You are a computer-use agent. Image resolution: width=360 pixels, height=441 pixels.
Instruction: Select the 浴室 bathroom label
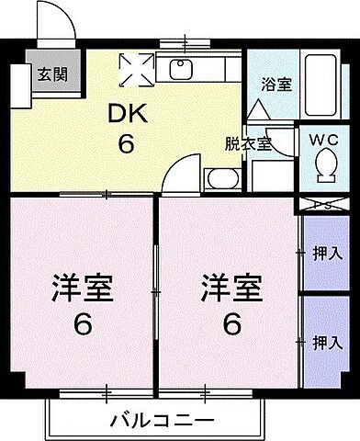276,85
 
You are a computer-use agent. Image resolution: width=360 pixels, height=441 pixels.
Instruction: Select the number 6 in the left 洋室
81,324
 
